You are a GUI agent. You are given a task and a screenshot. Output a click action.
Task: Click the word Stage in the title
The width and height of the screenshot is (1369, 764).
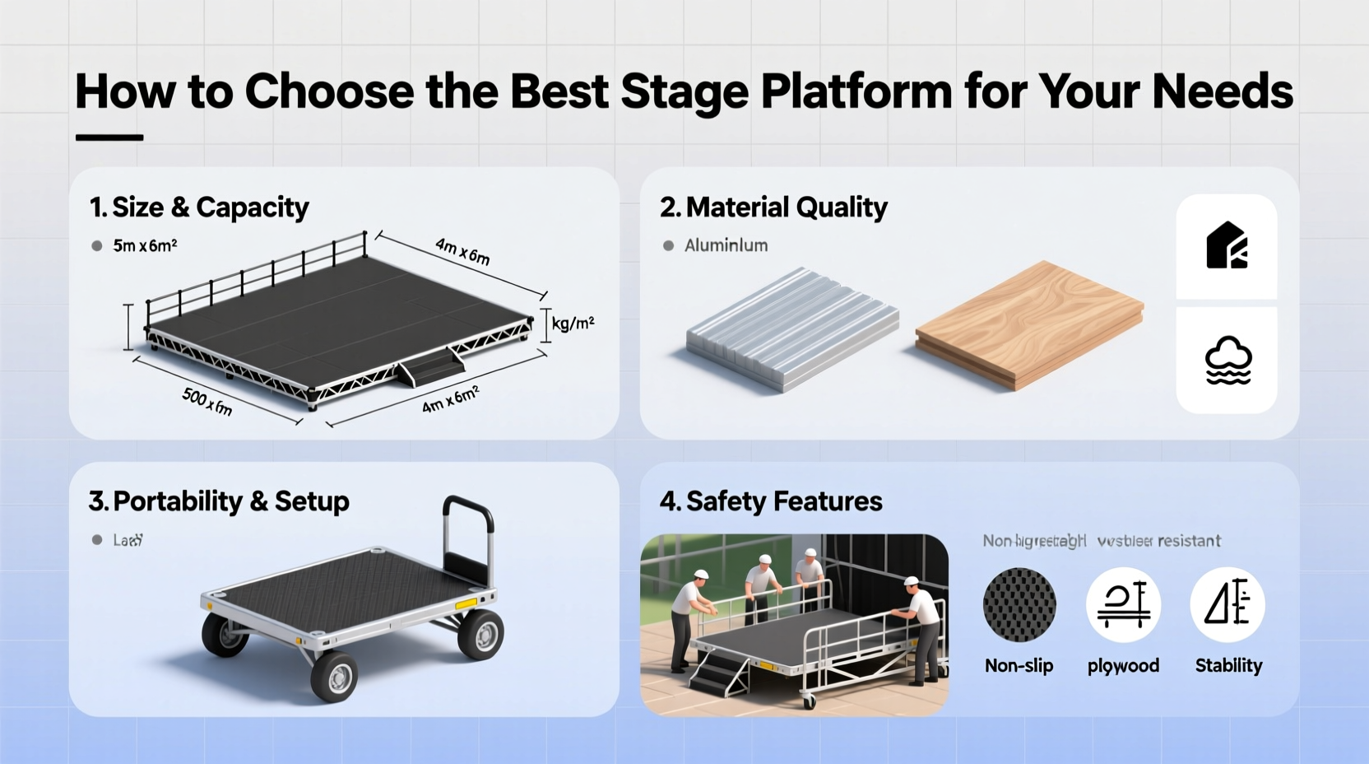684,92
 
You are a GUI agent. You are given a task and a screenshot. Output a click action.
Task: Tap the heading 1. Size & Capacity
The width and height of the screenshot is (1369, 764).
199,207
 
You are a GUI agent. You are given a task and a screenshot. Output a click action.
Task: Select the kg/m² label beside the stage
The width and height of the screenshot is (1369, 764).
573,324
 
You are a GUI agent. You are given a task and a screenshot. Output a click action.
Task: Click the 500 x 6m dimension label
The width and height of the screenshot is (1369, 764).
207,402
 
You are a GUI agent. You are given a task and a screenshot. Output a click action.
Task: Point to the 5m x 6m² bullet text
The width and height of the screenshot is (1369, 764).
145,245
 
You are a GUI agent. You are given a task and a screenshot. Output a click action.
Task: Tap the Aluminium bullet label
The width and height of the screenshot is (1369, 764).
726,245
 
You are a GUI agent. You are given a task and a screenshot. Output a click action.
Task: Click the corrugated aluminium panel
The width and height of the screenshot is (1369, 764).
791,328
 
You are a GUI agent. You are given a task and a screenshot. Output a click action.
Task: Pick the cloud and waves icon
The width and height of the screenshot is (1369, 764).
1227,361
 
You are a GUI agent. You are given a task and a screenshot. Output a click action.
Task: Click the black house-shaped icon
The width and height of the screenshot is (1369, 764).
1227,245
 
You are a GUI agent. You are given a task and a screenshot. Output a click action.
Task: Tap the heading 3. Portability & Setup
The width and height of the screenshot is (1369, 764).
219,501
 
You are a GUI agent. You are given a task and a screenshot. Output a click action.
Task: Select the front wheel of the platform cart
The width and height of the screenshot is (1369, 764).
334,677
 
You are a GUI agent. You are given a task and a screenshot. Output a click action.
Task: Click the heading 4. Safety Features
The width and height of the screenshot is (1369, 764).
771,501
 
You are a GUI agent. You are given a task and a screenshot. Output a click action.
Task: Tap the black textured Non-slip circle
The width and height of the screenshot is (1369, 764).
1019,605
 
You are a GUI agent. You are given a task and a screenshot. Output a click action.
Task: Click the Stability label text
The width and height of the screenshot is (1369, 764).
1228,665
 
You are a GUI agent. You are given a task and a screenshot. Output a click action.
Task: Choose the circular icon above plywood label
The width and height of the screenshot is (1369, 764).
1123,605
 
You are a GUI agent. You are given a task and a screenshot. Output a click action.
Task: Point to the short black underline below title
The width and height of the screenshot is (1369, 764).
109,137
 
